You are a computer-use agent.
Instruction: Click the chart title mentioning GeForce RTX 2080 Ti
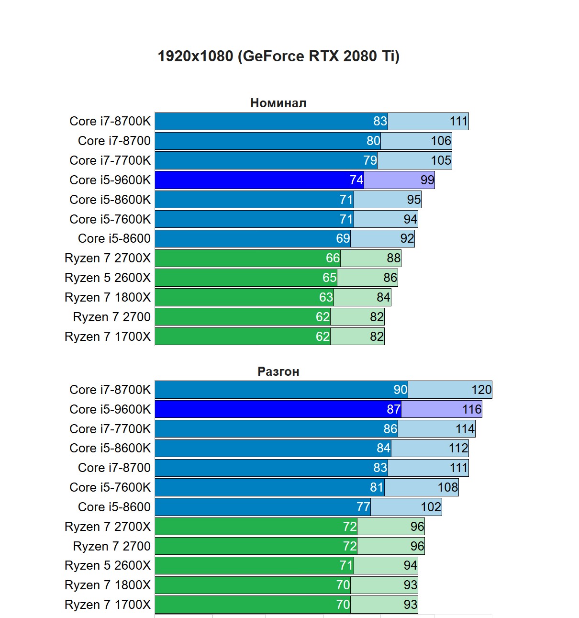pos(278,56)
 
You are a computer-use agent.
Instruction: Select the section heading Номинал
pos(278,103)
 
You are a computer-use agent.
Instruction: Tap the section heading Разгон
pos(278,371)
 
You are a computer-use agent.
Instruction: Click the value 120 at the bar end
pos(481,390)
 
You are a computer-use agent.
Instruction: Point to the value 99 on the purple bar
pos(427,180)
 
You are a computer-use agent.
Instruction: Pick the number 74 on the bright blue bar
pos(356,180)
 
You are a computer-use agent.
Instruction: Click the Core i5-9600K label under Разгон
pos(110,409)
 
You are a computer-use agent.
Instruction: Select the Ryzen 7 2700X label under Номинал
pos(107,258)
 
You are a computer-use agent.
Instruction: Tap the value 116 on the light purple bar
pos(471,409)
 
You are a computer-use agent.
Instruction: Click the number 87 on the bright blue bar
pos(393,409)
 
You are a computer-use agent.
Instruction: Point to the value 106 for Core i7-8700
pos(441,141)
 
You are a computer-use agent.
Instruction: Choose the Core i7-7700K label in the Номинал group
pos(110,160)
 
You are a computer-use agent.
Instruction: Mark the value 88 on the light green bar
pos(393,258)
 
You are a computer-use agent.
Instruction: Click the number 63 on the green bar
pos(326,297)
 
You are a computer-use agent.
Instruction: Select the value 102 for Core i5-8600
pos(431,507)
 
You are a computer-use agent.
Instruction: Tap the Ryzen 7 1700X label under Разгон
pos(107,605)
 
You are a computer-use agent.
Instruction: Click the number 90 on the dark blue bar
pos(400,390)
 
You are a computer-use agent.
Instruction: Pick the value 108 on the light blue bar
pos(447,487)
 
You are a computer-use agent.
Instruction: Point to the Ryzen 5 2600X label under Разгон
pos(107,565)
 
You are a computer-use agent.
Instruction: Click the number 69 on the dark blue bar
pos(343,238)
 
